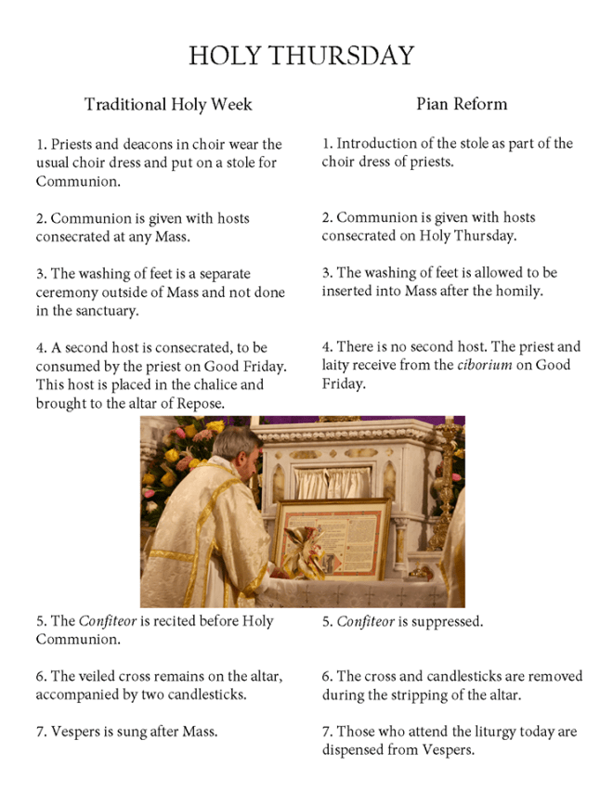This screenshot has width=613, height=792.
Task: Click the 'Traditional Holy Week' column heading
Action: tap(168, 104)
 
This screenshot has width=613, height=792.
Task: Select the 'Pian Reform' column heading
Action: tap(461, 103)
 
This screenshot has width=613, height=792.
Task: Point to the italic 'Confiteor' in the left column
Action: tap(101, 621)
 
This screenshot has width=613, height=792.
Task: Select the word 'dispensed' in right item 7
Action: tap(354, 749)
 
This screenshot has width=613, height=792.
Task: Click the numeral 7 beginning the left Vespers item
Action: tap(41, 732)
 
